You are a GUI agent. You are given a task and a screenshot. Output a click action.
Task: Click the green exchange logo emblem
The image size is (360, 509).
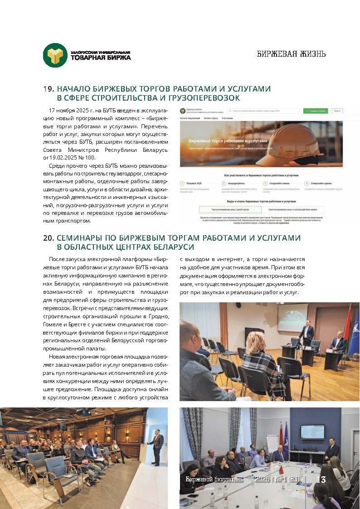coord(55,55)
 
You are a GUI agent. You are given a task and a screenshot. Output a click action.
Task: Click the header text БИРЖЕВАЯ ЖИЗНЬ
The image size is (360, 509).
coord(291,54)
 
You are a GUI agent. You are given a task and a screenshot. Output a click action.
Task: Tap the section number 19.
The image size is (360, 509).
coord(49,89)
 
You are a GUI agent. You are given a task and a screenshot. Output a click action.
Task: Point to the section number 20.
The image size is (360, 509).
coord(49,238)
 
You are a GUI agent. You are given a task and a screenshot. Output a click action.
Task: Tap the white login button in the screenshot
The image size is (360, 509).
coord(337,111)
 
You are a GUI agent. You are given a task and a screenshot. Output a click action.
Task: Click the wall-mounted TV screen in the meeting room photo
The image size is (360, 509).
coord(313,431)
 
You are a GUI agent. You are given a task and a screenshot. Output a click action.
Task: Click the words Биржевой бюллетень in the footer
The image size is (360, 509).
coord(214,480)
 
